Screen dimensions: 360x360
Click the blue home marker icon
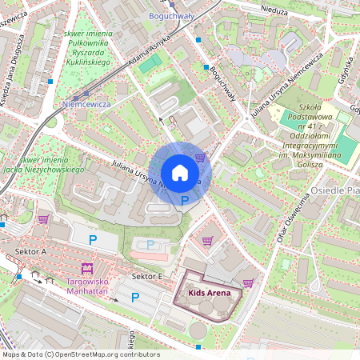click(x=180, y=173)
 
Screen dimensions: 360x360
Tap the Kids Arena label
click(x=210, y=294)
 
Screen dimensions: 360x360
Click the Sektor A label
click(x=31, y=251)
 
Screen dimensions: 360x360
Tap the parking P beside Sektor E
click(x=134, y=298)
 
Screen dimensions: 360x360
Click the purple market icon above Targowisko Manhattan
click(x=86, y=268)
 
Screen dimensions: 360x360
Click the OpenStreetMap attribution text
click(x=80, y=354)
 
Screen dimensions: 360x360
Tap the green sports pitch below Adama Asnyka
click(x=146, y=65)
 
